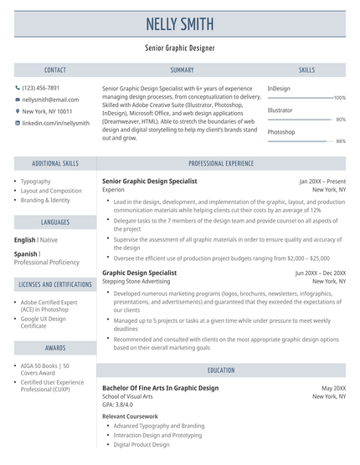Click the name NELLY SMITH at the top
(x=180, y=23)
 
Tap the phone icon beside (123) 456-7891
(x=18, y=88)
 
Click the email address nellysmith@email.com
(x=56, y=100)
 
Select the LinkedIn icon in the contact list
(x=18, y=123)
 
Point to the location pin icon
(x=18, y=111)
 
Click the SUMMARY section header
(x=181, y=70)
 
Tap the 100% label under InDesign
(x=339, y=98)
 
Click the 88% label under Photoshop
(x=340, y=141)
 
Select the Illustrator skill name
(x=280, y=110)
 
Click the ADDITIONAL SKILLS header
(x=55, y=164)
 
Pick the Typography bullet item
(x=36, y=181)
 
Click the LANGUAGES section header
(x=55, y=222)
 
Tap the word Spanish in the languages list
(x=26, y=253)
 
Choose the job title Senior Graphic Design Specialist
(x=150, y=181)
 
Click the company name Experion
(x=113, y=190)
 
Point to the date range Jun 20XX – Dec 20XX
(x=320, y=273)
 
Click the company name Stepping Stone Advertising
(x=136, y=282)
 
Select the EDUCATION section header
(x=222, y=370)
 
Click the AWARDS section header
(x=55, y=347)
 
